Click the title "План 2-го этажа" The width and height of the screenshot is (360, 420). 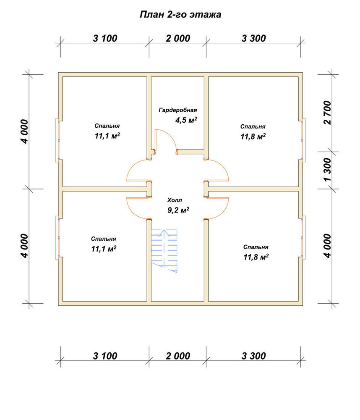[x=180, y=14]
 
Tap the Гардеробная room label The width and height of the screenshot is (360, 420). [x=178, y=110]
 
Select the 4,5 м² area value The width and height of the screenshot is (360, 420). [x=186, y=120]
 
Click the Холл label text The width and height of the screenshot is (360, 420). [x=175, y=200]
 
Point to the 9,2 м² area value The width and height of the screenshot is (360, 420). [x=178, y=210]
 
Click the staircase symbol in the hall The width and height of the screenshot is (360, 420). [x=164, y=251]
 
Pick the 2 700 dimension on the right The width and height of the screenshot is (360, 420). [x=327, y=113]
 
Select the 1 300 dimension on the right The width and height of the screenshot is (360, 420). [x=327, y=169]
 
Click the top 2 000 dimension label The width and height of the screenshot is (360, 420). [x=178, y=38]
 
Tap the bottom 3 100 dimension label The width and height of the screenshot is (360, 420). [x=105, y=356]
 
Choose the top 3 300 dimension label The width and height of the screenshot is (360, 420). [x=254, y=38]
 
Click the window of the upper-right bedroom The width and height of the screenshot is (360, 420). [x=304, y=140]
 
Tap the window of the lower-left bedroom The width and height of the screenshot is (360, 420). [x=57, y=237]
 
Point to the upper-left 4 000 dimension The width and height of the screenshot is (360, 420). [x=24, y=131]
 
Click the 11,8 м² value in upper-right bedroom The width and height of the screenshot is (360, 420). [x=253, y=136]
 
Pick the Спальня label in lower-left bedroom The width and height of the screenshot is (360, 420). [x=104, y=239]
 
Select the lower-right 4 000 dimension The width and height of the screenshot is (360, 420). [x=327, y=246]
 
